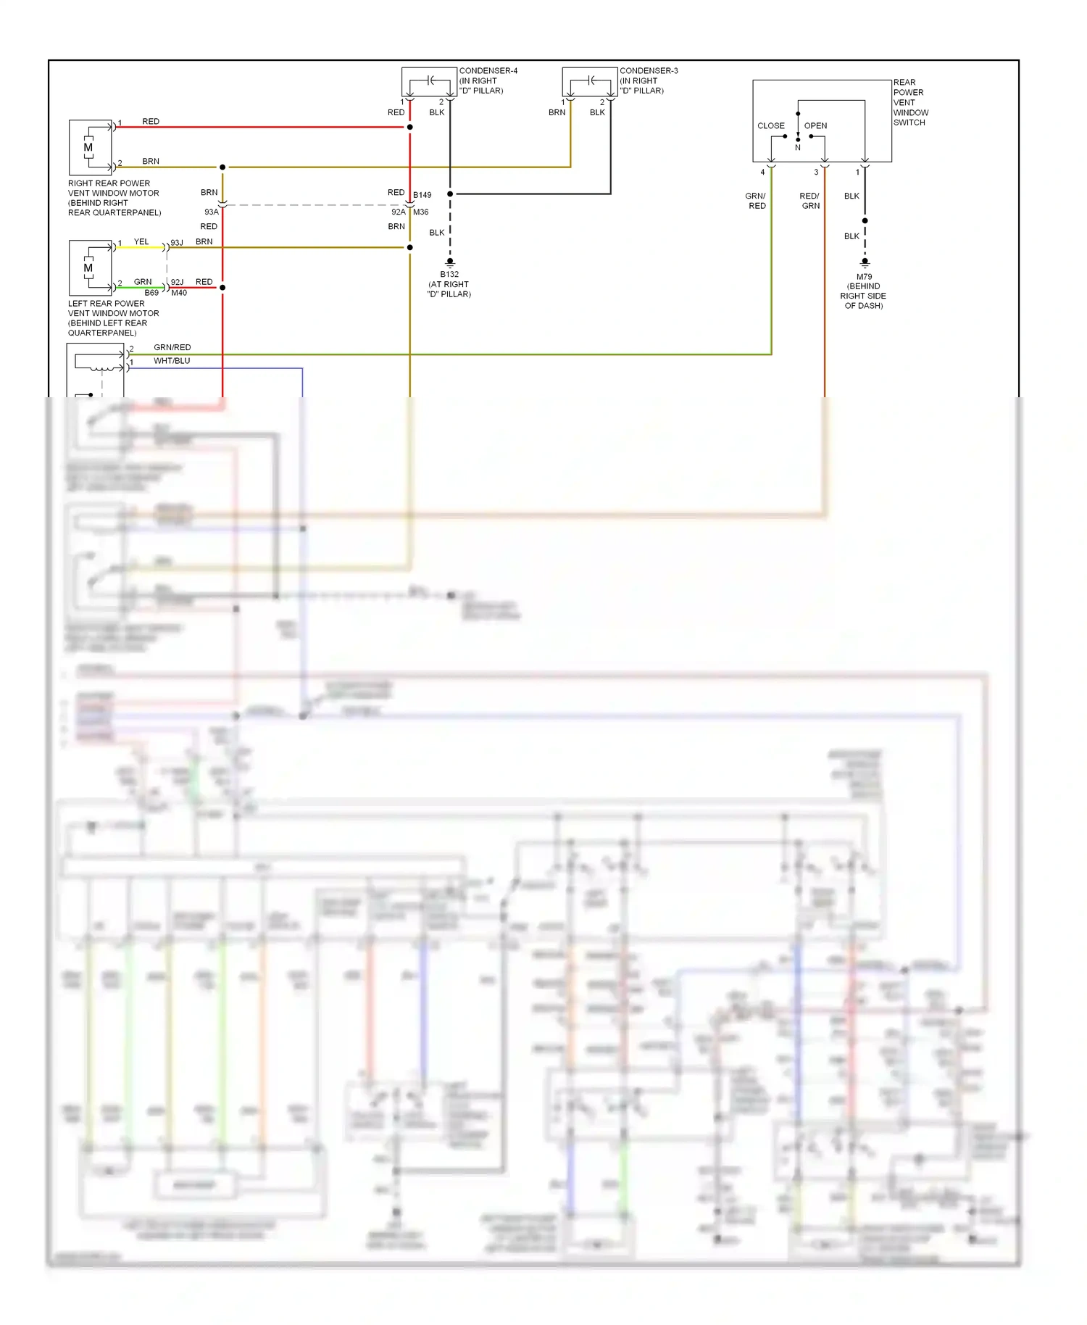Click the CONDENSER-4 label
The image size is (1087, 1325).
488,71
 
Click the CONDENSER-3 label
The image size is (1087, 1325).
649,71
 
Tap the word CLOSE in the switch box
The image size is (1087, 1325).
771,126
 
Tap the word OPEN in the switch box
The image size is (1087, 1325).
815,126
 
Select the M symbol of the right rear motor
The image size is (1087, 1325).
88,148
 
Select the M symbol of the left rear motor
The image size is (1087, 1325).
88,268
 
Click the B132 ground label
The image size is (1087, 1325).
449,275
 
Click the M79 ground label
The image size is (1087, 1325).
864,277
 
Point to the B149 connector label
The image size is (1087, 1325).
422,195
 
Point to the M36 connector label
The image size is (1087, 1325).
421,212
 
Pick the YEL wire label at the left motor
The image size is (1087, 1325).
141,242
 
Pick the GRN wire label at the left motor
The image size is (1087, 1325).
143,282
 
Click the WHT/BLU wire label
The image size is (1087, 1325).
172,361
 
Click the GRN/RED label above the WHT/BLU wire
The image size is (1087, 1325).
172,348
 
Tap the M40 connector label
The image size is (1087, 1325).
179,293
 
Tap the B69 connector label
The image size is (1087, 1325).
151,293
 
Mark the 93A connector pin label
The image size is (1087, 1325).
211,212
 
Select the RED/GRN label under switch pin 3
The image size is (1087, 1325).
809,201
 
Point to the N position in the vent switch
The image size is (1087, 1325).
798,148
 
